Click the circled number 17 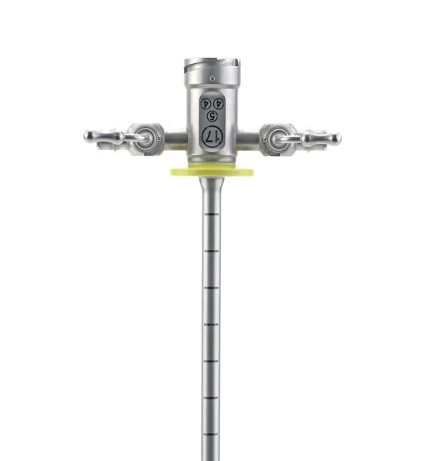[x=212, y=136]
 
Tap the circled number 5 [x=212, y=116]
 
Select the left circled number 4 [x=206, y=103]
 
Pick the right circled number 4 [x=219, y=103]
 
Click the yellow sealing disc [x=212, y=172]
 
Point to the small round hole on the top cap [x=212, y=79]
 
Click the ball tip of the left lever [x=88, y=135]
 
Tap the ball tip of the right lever [x=336, y=138]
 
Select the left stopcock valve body [x=145, y=139]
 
